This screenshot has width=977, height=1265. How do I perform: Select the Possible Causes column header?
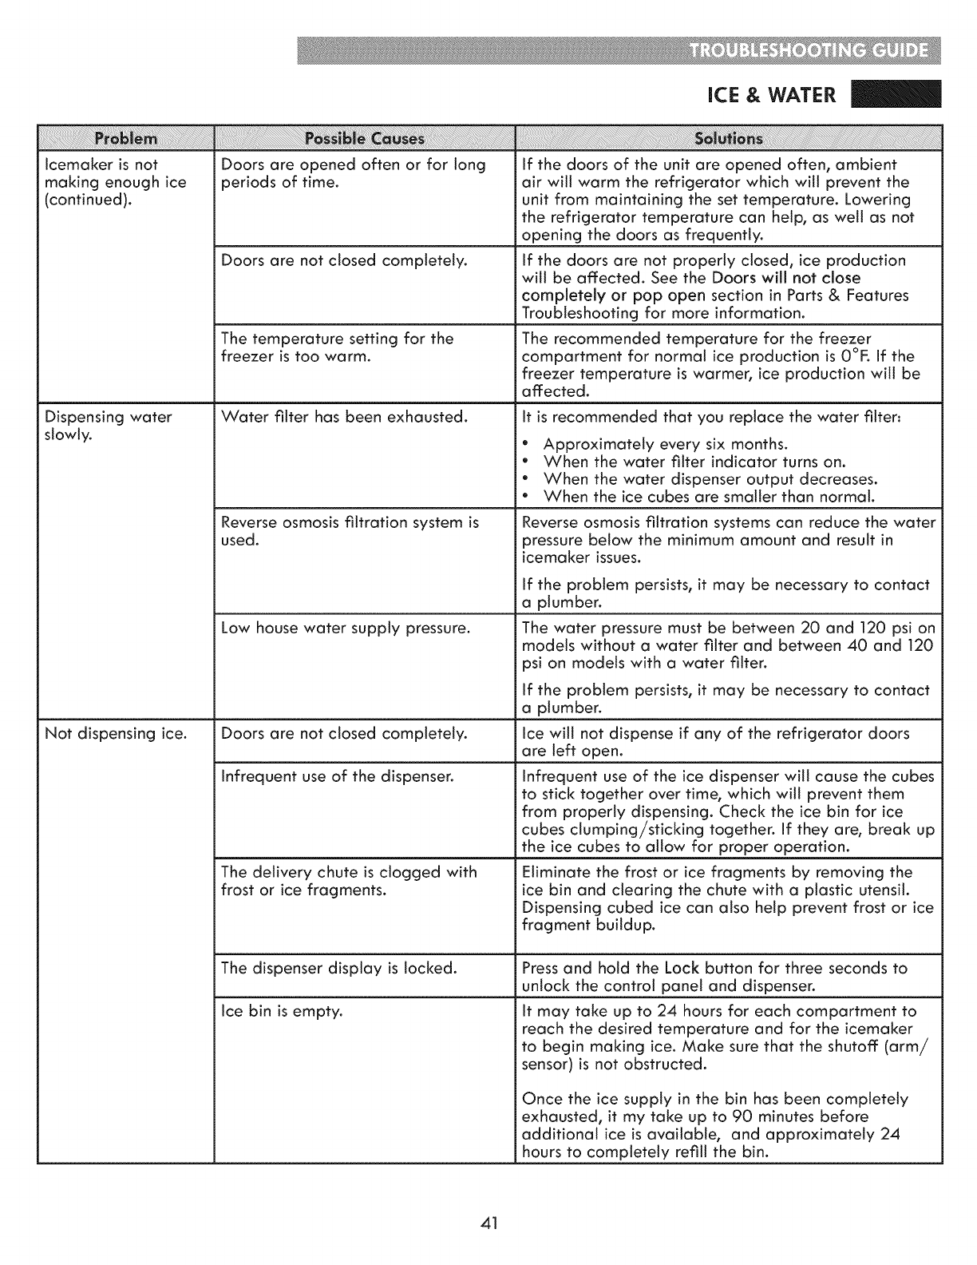point(365,138)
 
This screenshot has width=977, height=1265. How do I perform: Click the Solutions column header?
point(729,138)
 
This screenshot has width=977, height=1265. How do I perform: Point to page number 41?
point(489,1223)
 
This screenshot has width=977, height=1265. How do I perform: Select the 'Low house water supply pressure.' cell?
point(345,628)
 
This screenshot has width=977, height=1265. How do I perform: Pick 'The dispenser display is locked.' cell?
point(338,968)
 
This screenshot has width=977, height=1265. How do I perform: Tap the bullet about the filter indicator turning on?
point(694,462)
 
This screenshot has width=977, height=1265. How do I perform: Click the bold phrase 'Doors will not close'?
point(786,278)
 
